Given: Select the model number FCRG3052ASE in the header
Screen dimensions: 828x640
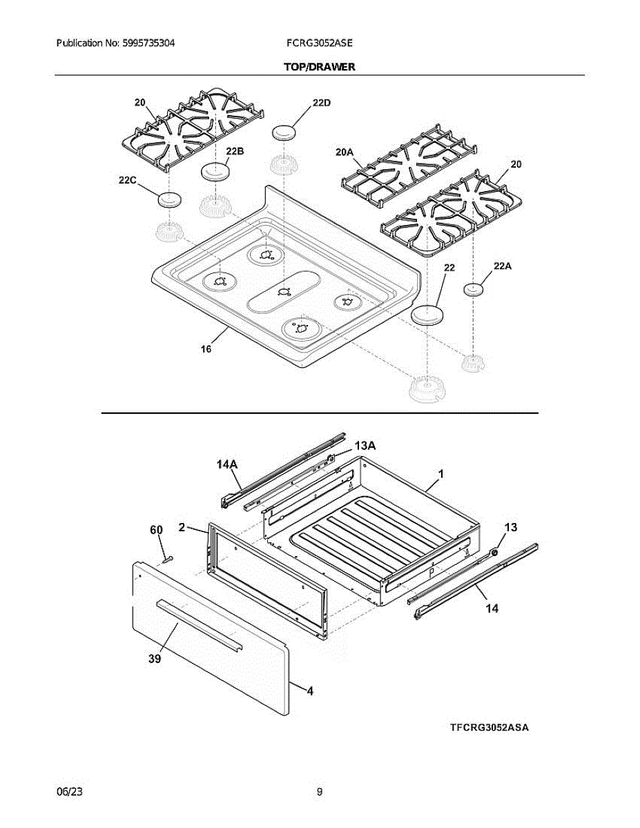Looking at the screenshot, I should point(319,43).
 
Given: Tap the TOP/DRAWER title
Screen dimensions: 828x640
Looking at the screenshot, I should point(320,67).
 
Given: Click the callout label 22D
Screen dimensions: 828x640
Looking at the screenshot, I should point(321,103).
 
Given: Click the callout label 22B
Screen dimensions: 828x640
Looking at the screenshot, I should point(235,151).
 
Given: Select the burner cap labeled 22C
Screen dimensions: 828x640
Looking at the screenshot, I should point(168,199).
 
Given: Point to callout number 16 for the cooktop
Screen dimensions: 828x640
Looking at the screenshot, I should point(206,348).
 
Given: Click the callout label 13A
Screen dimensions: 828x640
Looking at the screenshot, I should point(365,446).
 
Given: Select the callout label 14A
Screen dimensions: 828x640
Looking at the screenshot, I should point(226,466).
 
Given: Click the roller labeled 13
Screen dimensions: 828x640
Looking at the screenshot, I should point(495,552).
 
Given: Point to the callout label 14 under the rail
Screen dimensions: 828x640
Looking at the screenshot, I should point(492,609).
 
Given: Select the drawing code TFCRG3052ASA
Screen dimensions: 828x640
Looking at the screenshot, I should point(489,728).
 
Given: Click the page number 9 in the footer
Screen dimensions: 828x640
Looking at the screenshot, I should point(320,792).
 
